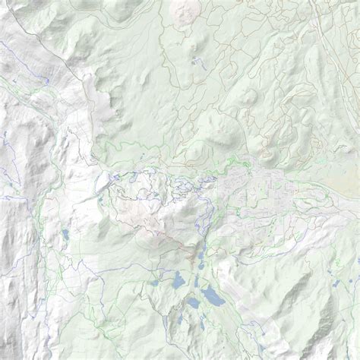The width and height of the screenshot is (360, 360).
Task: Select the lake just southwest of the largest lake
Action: (x=193, y=303)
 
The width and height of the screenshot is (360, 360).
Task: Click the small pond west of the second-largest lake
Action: (x=156, y=283)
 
